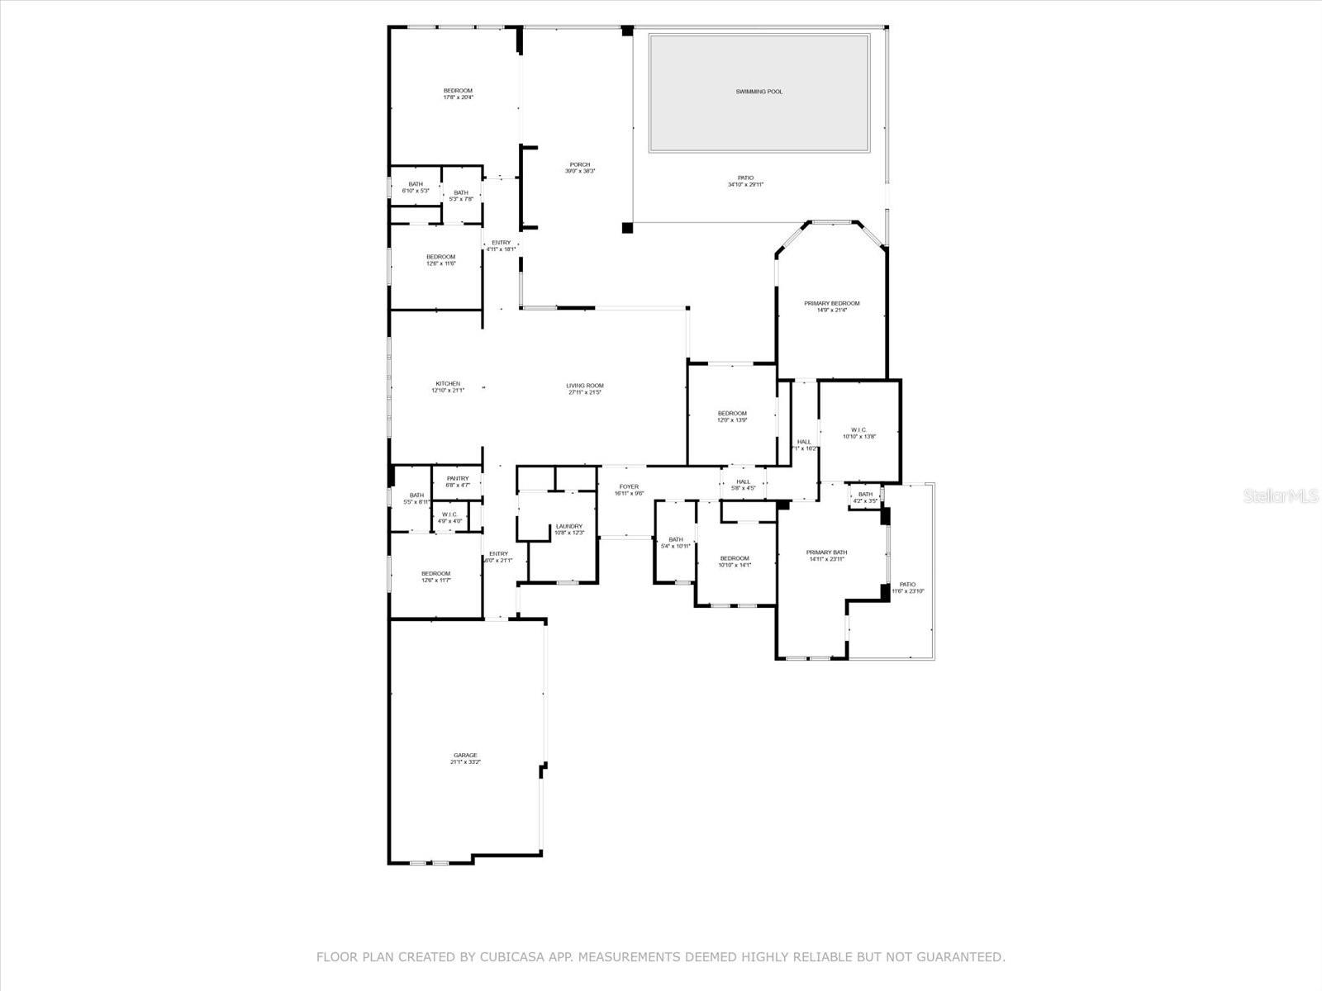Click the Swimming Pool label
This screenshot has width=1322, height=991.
758,92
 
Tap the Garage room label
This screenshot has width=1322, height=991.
465,756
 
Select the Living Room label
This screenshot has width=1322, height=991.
584,386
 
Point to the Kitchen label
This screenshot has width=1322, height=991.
448,384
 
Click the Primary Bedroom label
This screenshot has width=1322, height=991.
831,304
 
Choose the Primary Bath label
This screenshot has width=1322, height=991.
827,552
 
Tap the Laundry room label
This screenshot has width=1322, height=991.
568,526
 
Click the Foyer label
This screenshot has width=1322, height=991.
629,487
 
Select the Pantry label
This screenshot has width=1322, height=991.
458,479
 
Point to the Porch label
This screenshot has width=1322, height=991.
579,164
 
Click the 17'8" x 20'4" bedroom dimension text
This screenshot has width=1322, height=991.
458,97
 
